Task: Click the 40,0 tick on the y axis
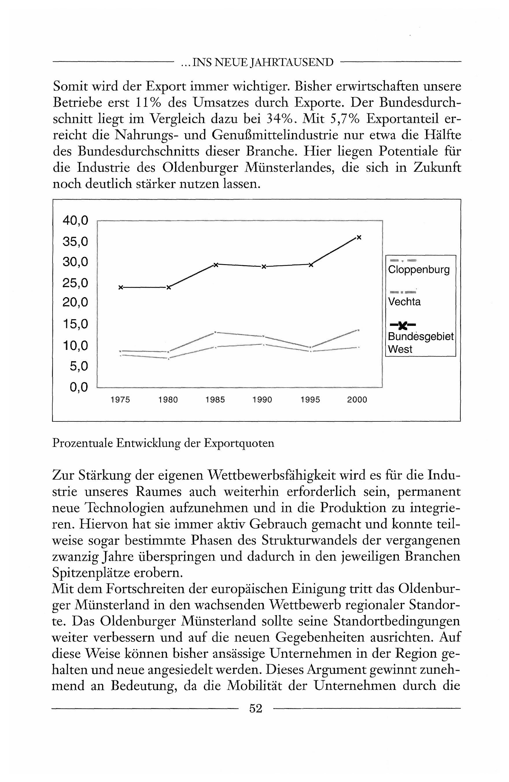(x=75, y=221)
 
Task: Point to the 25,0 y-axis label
(x=75, y=283)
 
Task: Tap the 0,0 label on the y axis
(x=79, y=388)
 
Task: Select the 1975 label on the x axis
(x=120, y=400)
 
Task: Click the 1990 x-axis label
(x=262, y=400)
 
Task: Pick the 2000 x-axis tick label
(x=357, y=400)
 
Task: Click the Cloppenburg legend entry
(x=419, y=270)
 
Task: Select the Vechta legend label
(x=404, y=302)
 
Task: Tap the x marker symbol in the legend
(x=403, y=325)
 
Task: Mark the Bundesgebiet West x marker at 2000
(x=359, y=237)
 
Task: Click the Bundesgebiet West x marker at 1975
(x=120, y=288)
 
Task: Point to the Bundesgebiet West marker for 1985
(x=216, y=265)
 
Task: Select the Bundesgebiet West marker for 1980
(x=168, y=288)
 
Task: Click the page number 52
(x=256, y=708)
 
